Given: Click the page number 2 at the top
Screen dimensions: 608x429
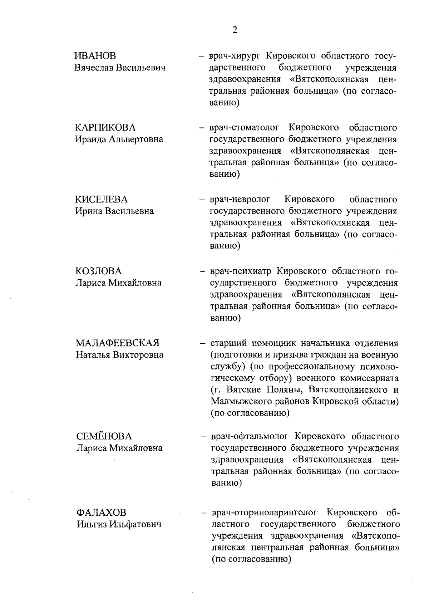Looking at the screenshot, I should (235, 30).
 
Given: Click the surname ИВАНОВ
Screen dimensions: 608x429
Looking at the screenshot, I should (95, 56).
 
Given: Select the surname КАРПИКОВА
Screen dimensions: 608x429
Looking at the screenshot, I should (105, 128).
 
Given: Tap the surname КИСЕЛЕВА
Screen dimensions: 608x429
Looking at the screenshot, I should (102, 199).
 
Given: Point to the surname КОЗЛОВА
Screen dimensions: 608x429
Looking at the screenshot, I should (98, 271).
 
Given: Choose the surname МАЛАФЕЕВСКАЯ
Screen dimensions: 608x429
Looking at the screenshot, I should (118, 343).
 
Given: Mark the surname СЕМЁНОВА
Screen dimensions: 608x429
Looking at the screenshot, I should (104, 436).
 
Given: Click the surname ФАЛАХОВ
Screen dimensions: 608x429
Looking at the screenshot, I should (101, 513).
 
